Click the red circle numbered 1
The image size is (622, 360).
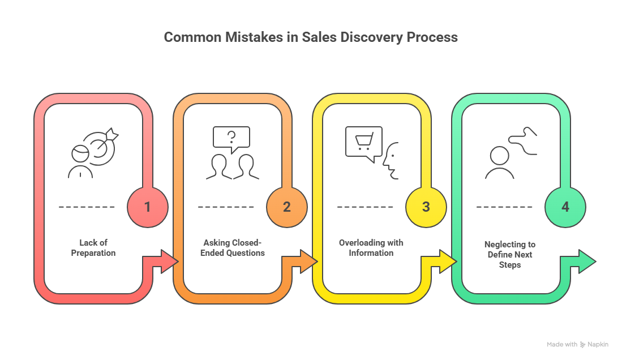(x=148, y=207)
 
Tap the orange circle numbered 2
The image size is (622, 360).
(x=287, y=207)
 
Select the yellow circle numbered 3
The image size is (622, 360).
(x=426, y=207)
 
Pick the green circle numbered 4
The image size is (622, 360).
(x=565, y=207)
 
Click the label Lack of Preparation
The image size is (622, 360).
(x=93, y=248)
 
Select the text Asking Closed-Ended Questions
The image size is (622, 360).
(x=233, y=248)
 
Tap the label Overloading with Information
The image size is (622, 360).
(x=371, y=248)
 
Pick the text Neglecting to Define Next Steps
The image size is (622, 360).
(x=510, y=255)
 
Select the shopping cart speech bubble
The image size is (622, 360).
(x=363, y=142)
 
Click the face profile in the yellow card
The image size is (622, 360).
(x=391, y=161)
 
